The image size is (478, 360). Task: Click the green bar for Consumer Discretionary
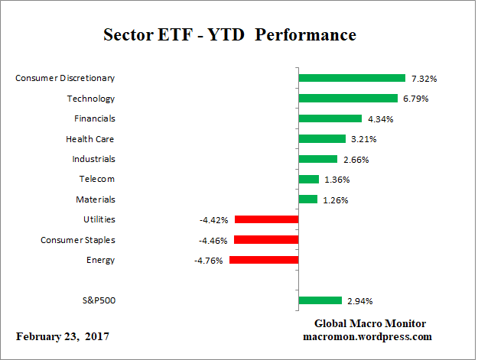click(351, 78)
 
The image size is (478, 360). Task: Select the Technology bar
click(348, 98)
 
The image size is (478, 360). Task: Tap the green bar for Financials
click(330, 118)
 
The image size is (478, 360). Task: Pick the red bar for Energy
click(263, 260)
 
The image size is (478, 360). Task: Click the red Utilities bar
click(266, 219)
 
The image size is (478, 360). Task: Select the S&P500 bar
click(320, 300)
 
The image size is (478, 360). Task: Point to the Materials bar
click(307, 199)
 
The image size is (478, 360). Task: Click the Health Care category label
click(90, 139)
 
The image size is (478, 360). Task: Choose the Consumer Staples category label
click(77, 240)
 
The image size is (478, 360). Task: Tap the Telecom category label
click(96, 179)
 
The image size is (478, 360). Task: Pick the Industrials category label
click(93, 159)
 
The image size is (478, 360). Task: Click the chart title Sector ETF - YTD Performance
click(229, 36)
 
